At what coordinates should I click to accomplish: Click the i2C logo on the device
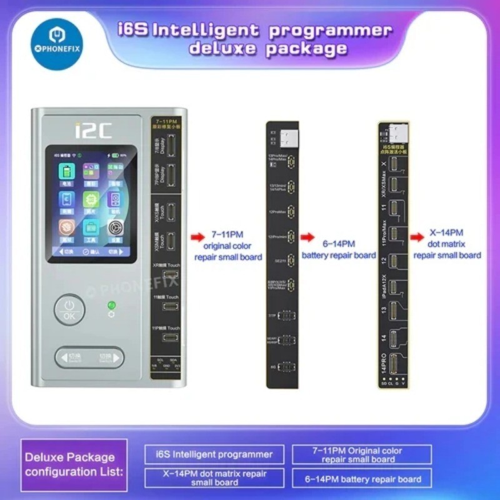[x=93, y=131]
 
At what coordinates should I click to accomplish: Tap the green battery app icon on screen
[x=67, y=172]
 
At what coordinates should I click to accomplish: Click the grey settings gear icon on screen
[x=116, y=227]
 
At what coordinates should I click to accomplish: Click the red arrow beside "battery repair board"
[x=307, y=237]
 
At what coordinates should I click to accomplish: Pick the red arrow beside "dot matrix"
[x=417, y=237]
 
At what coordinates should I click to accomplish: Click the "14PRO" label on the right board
[x=384, y=361]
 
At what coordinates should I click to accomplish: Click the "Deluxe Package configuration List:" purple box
[x=74, y=464]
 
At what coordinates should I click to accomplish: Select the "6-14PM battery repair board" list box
[x=362, y=479]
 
